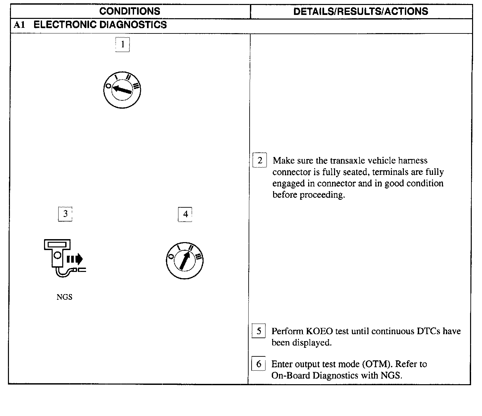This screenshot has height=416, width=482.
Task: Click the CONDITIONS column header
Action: point(129,11)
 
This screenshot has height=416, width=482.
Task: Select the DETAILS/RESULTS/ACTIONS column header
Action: point(361,12)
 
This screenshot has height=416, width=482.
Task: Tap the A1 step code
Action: point(20,25)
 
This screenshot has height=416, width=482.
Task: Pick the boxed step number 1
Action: point(122,44)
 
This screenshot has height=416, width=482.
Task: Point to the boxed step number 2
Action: point(260,161)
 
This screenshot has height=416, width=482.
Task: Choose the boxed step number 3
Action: point(65,214)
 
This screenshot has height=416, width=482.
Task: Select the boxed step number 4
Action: point(185,214)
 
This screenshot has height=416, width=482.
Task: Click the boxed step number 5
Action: point(259,331)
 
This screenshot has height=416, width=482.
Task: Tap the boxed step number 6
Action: point(259,364)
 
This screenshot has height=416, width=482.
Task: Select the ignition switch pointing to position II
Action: point(184,261)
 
